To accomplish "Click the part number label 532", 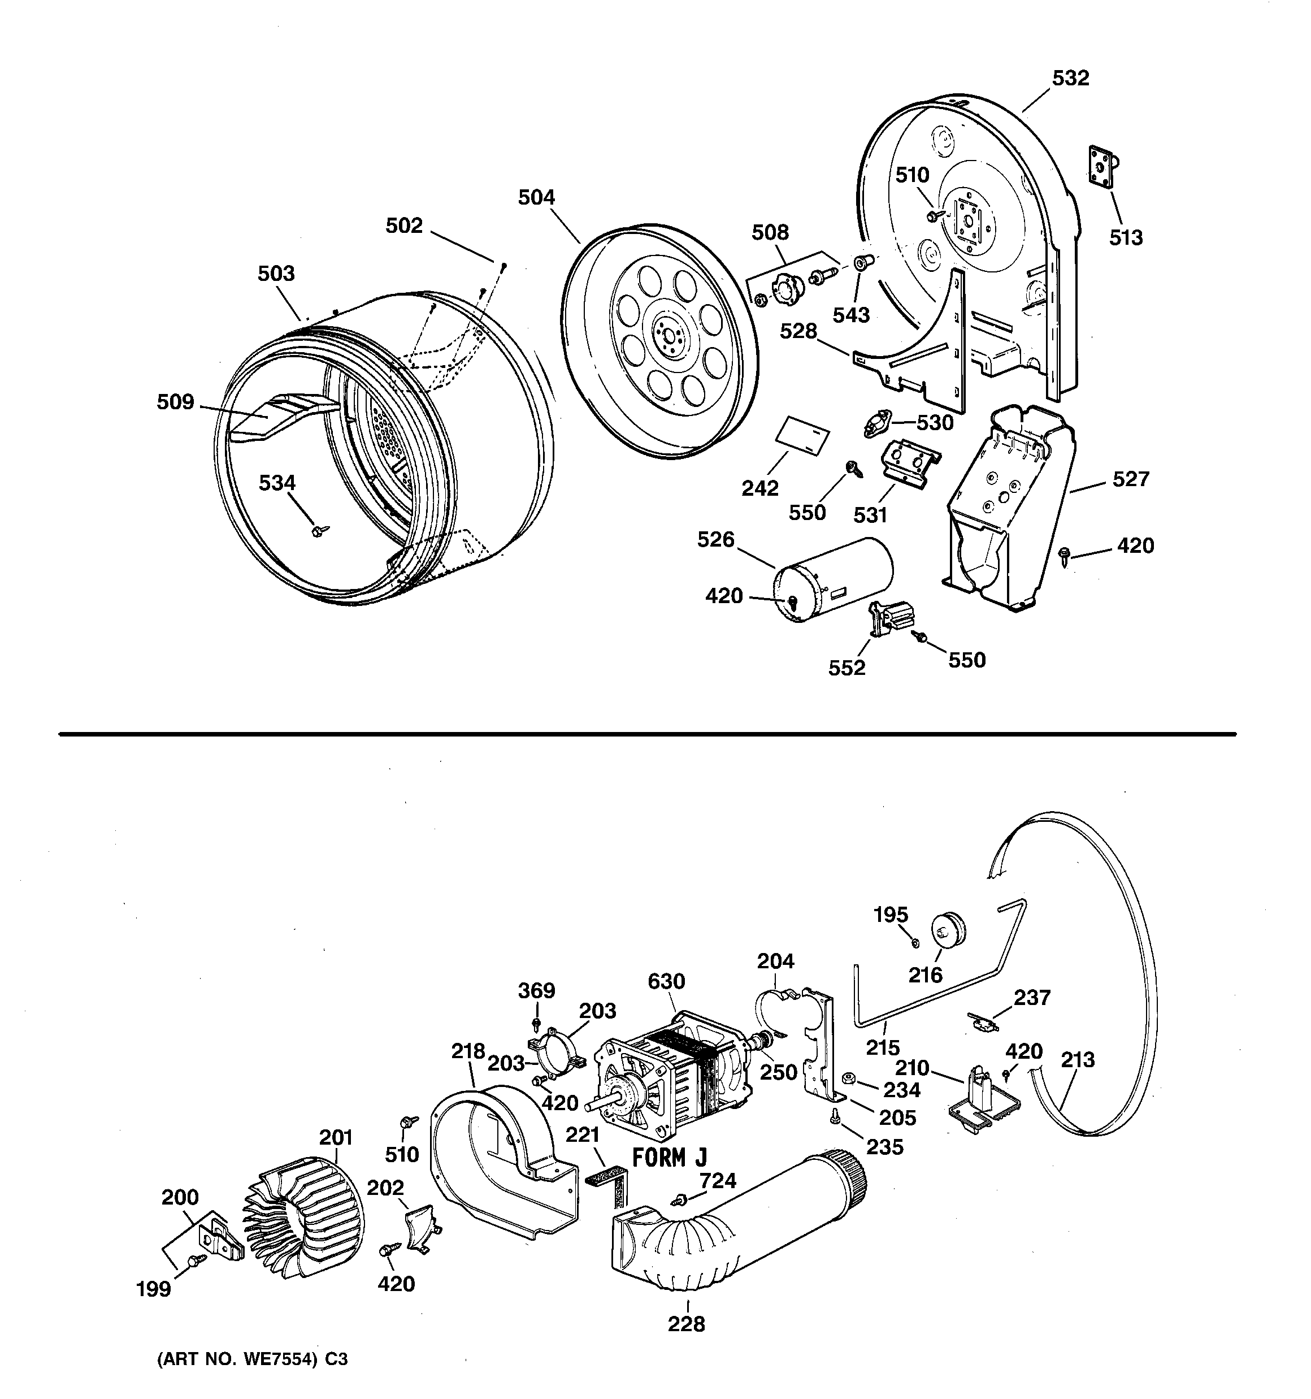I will point(1070,78).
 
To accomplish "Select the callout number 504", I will point(536,198).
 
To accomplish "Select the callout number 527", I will point(1131,479).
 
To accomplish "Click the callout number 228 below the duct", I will point(686,1324).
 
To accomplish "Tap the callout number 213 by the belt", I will point(1078,1060).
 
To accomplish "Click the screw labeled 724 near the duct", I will point(680,1198).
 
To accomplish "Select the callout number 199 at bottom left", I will point(153,1289).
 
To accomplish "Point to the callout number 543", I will point(851,315).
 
